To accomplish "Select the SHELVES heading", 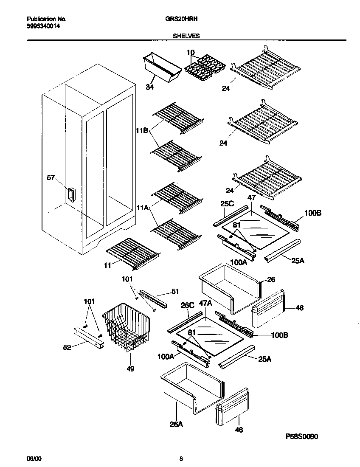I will click(x=186, y=36).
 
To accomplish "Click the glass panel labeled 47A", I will click(x=209, y=334).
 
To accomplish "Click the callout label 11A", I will click(x=142, y=208).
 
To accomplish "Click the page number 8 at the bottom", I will click(x=181, y=459).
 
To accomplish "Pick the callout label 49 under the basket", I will click(x=130, y=369).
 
